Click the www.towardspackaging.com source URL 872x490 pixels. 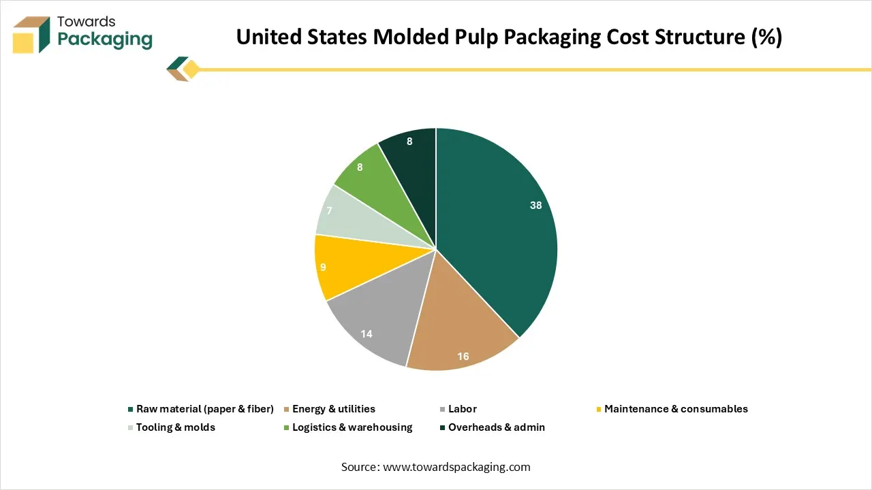456,467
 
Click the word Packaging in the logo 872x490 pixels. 105,40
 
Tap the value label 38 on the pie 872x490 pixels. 536,205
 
